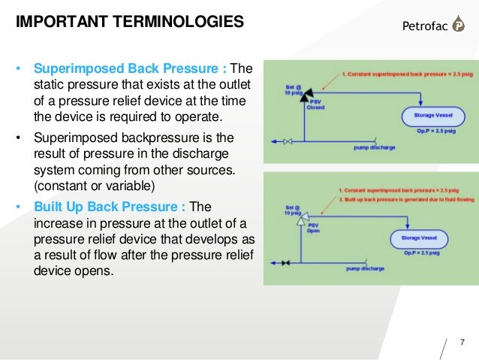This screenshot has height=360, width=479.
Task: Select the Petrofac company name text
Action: click(x=419, y=29)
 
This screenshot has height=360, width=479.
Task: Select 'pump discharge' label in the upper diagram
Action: click(x=372, y=147)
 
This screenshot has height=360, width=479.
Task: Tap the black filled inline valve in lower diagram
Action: click(x=285, y=263)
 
